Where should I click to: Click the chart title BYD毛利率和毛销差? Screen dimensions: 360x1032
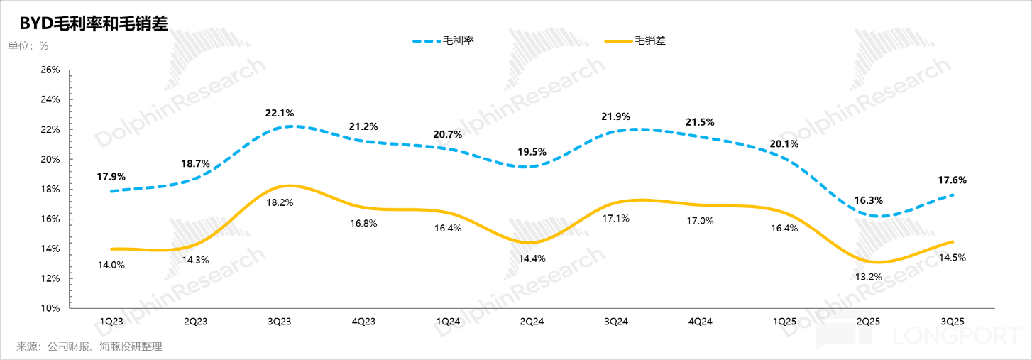point(94,23)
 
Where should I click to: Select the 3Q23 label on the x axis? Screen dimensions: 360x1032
point(280,322)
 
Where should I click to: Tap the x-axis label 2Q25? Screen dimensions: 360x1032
point(868,322)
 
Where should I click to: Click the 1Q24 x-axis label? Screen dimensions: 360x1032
point(448,322)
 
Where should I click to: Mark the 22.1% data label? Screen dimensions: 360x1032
point(280,113)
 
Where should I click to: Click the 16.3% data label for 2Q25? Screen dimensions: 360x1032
point(868,201)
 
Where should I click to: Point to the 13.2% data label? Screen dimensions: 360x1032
point(868,277)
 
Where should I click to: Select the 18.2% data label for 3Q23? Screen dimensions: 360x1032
point(280,202)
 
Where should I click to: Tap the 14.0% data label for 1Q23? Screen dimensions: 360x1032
point(111,265)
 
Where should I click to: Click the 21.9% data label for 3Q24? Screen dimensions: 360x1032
point(616,116)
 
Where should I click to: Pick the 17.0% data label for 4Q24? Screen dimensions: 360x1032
point(700,221)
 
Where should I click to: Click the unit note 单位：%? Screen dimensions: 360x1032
point(28,45)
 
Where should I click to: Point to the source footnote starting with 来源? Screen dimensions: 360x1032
point(89,347)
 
